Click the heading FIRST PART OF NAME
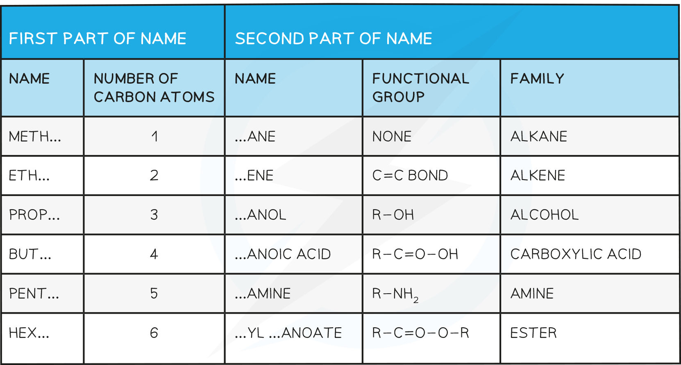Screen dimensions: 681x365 pyautogui.click(x=98, y=39)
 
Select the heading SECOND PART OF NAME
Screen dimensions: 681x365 pyautogui.click(x=334, y=39)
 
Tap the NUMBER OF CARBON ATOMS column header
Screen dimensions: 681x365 pyautogui.click(x=154, y=88)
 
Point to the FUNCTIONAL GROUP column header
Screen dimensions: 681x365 pyautogui.click(x=421, y=88)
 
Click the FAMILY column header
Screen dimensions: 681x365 pyautogui.click(x=537, y=79)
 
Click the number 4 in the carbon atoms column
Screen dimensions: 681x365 pyautogui.click(x=154, y=254)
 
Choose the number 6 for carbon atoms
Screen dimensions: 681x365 pyautogui.click(x=154, y=333)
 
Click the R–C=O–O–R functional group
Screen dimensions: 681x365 pyautogui.click(x=421, y=333)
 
